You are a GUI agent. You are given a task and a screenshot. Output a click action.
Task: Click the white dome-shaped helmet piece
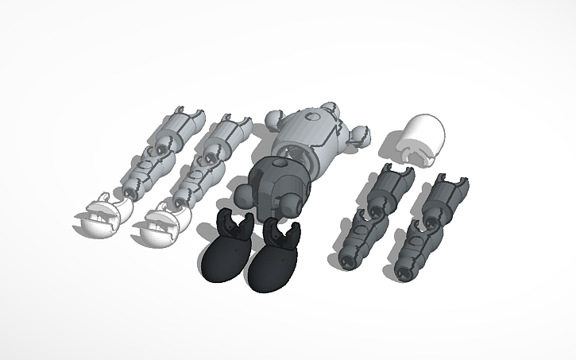[x=419, y=138]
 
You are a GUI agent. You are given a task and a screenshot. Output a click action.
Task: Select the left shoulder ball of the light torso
[x=273, y=120]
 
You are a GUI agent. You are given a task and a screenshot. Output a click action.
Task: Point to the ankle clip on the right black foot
[x=284, y=233]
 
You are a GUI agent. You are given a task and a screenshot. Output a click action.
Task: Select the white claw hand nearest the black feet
[x=160, y=223]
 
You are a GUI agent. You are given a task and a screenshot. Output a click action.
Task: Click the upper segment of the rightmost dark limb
[x=446, y=199]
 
